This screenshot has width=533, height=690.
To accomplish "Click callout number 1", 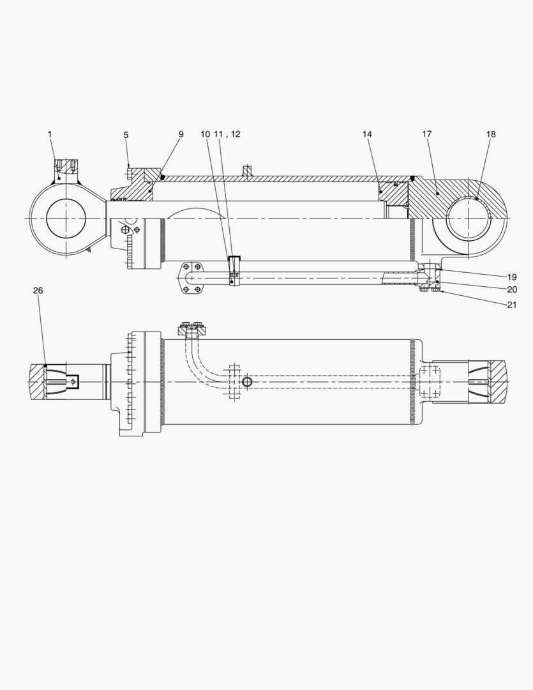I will [50, 134].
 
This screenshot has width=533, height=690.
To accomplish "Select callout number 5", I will [126, 135].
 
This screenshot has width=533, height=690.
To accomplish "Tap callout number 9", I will [181, 134].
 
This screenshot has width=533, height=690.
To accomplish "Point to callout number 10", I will [205, 134].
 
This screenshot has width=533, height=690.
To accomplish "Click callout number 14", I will [367, 134].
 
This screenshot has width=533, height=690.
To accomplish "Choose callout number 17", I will [427, 134].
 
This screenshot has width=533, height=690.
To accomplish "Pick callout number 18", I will [490, 134].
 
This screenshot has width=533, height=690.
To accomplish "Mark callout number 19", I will [512, 277].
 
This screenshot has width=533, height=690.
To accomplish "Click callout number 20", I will [512, 289].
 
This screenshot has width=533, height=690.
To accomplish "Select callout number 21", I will [512, 305].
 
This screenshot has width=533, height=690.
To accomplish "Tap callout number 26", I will [38, 291].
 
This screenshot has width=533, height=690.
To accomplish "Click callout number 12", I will [236, 134].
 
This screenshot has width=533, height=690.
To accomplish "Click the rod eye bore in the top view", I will [66, 218].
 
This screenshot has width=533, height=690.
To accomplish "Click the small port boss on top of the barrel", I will [246, 171].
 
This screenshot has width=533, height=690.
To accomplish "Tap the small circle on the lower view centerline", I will [246, 382].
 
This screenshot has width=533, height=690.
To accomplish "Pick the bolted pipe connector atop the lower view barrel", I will [191, 330].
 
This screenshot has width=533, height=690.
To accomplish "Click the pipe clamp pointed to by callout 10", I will [234, 268].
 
